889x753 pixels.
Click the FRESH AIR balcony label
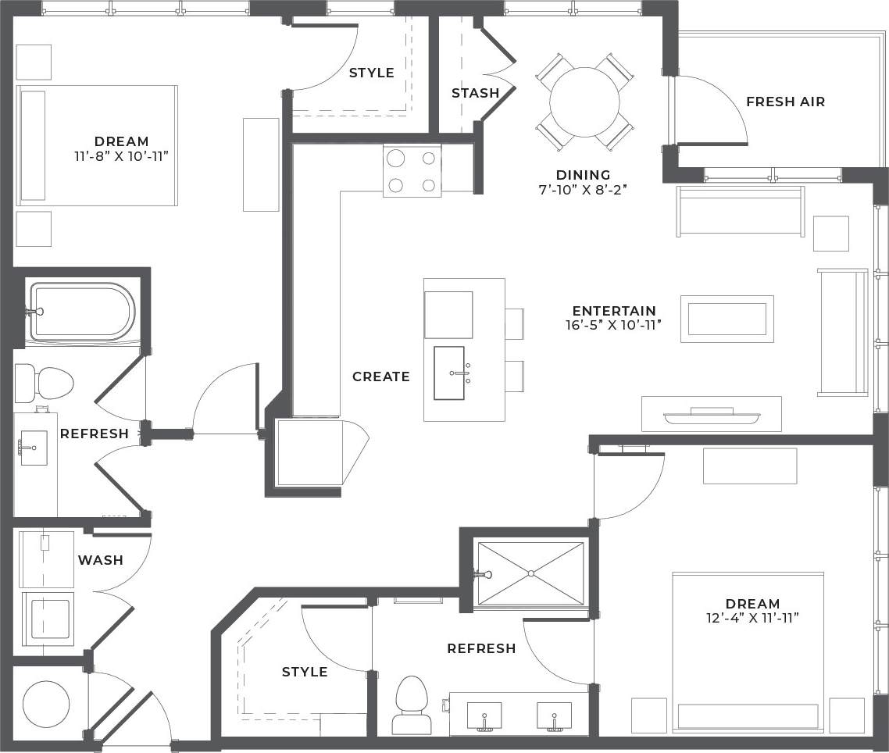point(785,102)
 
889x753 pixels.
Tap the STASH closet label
point(475,93)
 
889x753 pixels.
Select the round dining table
point(584,102)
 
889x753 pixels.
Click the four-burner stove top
point(412,171)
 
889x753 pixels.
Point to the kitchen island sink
point(449,373)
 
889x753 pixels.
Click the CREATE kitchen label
point(380,376)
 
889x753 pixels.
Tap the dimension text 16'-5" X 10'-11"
point(613,326)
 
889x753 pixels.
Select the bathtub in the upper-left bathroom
point(81,312)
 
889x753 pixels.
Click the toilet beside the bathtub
point(44,383)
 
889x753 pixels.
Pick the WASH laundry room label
point(100,560)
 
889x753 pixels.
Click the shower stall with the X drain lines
point(530,573)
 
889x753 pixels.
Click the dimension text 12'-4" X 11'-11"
point(752,618)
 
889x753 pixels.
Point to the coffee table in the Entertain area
point(727,319)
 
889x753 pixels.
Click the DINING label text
point(583,175)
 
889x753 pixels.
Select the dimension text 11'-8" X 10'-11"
point(121,155)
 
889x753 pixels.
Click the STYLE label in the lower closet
point(304,672)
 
